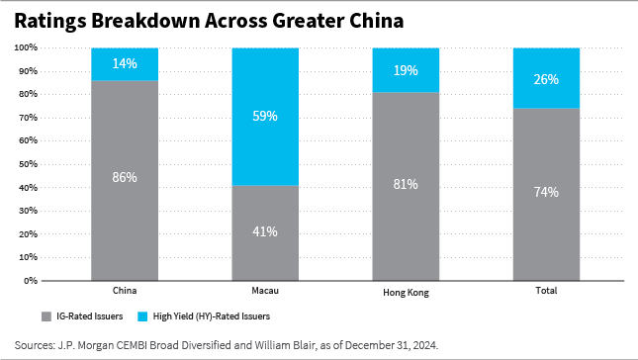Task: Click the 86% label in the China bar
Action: (x=125, y=178)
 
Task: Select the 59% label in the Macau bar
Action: (x=265, y=116)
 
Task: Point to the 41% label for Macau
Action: (x=265, y=231)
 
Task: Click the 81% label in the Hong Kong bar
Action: (x=406, y=184)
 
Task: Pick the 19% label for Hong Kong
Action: (x=406, y=69)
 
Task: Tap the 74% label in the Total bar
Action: (x=547, y=192)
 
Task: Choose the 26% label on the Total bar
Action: (x=547, y=77)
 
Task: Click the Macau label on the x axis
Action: (x=265, y=292)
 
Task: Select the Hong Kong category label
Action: (x=406, y=293)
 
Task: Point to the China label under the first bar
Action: (x=125, y=292)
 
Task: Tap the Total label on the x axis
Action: (x=547, y=292)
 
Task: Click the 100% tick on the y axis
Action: (x=26, y=47)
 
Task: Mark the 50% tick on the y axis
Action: (x=28, y=164)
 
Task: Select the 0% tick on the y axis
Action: (x=31, y=281)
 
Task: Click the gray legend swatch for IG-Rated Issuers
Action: (x=46, y=317)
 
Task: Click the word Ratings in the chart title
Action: (x=51, y=19)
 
